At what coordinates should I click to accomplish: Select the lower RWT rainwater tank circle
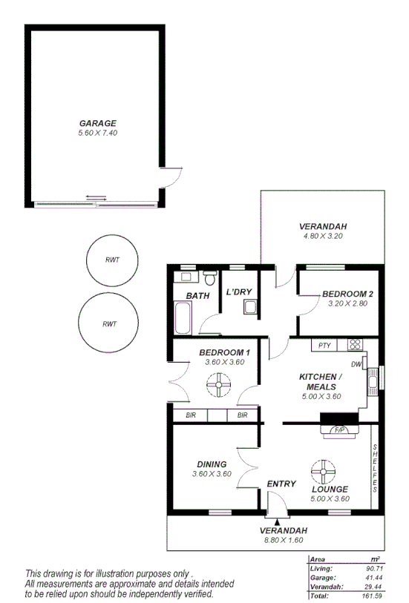coord(108,323)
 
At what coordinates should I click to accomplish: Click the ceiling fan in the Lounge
coord(324,471)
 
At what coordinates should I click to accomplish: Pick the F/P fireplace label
coord(339,429)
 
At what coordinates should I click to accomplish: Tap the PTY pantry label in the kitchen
coord(324,345)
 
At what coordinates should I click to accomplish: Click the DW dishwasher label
coord(356,364)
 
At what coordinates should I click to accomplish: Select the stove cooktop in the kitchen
coord(355,344)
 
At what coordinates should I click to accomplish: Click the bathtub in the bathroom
coord(183,320)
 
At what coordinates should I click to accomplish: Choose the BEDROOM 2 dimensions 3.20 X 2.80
coord(347,304)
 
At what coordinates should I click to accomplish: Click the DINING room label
coord(212,464)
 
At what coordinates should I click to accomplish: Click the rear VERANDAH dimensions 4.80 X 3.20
coord(323,236)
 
